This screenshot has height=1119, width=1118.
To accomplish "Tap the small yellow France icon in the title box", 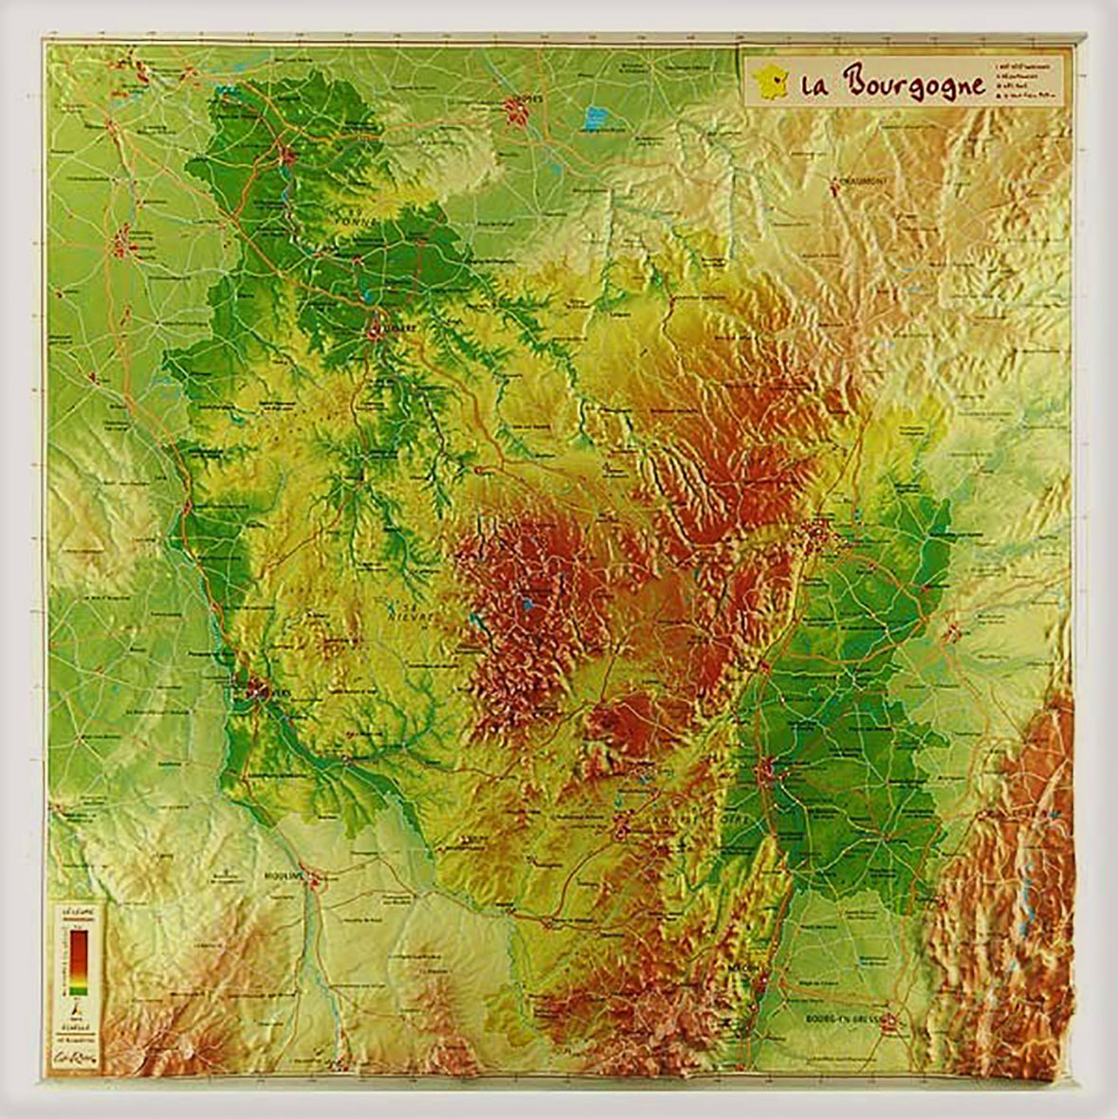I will pyautogui.click(x=770, y=83).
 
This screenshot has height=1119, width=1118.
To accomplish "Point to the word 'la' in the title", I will pyautogui.click(x=812, y=86).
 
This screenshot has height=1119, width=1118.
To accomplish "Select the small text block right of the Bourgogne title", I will pyautogui.click(x=1025, y=81).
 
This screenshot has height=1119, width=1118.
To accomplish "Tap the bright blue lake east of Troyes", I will pyautogui.click(x=595, y=118).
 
